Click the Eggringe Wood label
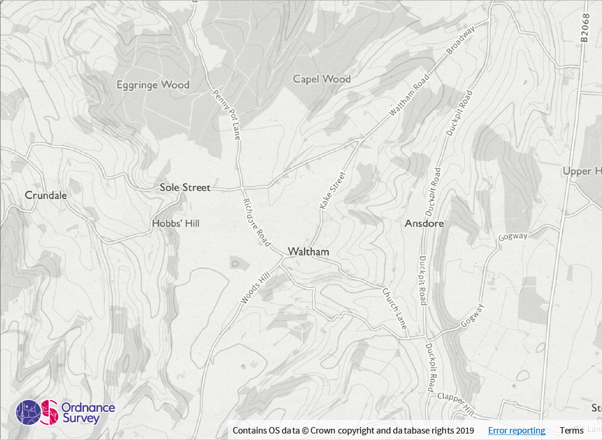(x=153, y=85)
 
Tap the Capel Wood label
(x=322, y=79)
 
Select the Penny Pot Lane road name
(x=227, y=115)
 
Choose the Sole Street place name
(x=184, y=187)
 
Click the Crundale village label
(x=46, y=195)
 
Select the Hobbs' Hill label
(x=176, y=223)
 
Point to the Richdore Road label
(x=257, y=221)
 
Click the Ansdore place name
(x=424, y=224)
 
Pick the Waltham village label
(x=308, y=251)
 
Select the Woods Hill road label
(x=254, y=288)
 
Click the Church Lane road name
(x=395, y=308)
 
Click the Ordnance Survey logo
(x=65, y=412)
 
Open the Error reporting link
(x=516, y=431)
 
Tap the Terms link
(x=571, y=431)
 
